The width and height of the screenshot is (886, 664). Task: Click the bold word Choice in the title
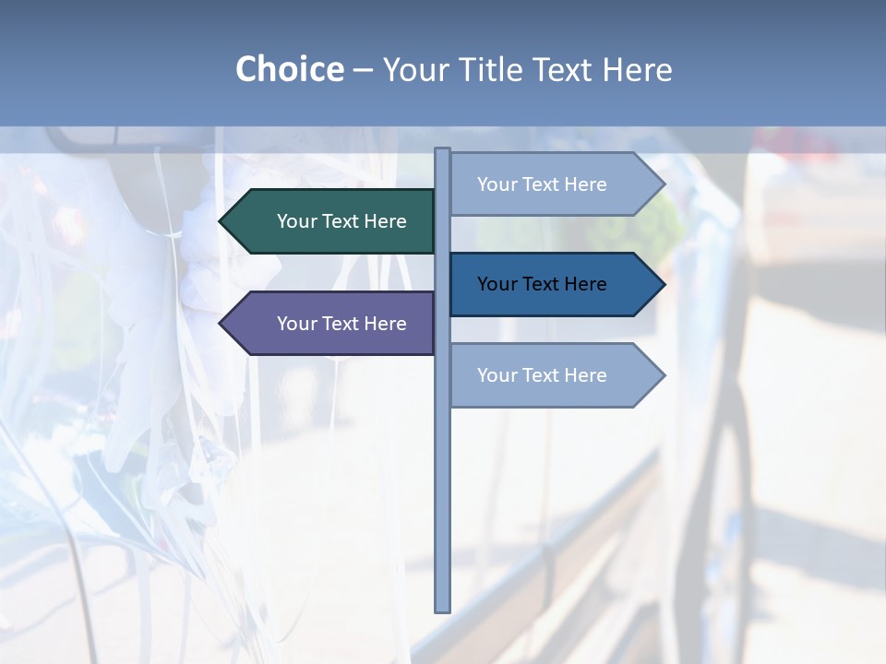[x=289, y=69]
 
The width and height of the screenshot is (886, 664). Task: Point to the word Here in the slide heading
[x=637, y=69]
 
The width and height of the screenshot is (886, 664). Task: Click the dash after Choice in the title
[x=363, y=71]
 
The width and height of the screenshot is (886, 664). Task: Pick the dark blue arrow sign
[x=549, y=284]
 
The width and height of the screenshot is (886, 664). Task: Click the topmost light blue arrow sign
[x=549, y=184]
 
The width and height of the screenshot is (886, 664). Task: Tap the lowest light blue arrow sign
[x=549, y=375]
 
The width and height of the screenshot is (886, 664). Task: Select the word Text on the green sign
[x=341, y=221]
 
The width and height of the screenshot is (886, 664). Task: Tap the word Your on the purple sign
[x=295, y=324]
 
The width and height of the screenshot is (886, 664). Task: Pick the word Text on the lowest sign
[x=542, y=375]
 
